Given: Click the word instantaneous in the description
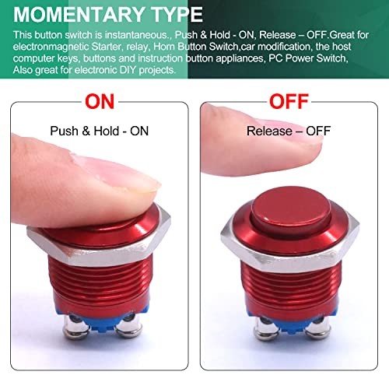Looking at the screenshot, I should (145, 35).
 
